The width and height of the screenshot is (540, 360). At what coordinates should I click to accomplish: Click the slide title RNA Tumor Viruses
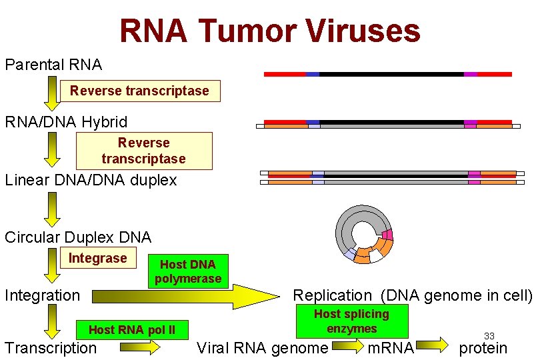270,31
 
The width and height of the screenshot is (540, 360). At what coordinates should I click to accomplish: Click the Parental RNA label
53,65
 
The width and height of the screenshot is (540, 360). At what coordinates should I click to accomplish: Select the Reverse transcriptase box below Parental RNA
139,91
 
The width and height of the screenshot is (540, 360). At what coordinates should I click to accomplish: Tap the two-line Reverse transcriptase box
143,151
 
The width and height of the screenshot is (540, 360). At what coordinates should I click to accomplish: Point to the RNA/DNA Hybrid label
66,122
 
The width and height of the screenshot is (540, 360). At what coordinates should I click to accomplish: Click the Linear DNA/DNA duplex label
91,180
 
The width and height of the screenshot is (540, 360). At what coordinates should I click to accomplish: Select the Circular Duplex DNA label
78,237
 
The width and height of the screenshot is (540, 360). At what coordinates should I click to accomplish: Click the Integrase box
97,258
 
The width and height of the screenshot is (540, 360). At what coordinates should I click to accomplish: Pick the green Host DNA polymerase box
188,271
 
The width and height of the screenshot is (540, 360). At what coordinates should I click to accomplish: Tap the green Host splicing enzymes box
351,321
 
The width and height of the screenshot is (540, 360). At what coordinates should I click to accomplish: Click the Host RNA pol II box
131,329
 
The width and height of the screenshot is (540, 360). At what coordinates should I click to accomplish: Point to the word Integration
43,295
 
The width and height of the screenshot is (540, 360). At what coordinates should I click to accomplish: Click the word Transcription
51,347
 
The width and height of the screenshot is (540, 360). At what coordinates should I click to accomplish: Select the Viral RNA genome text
263,347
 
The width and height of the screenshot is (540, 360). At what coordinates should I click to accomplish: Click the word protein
483,347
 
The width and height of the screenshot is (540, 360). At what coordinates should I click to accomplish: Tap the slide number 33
489,336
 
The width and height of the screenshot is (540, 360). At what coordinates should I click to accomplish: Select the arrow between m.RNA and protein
434,345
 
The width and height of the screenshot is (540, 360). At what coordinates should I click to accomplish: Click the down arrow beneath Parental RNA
51,93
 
